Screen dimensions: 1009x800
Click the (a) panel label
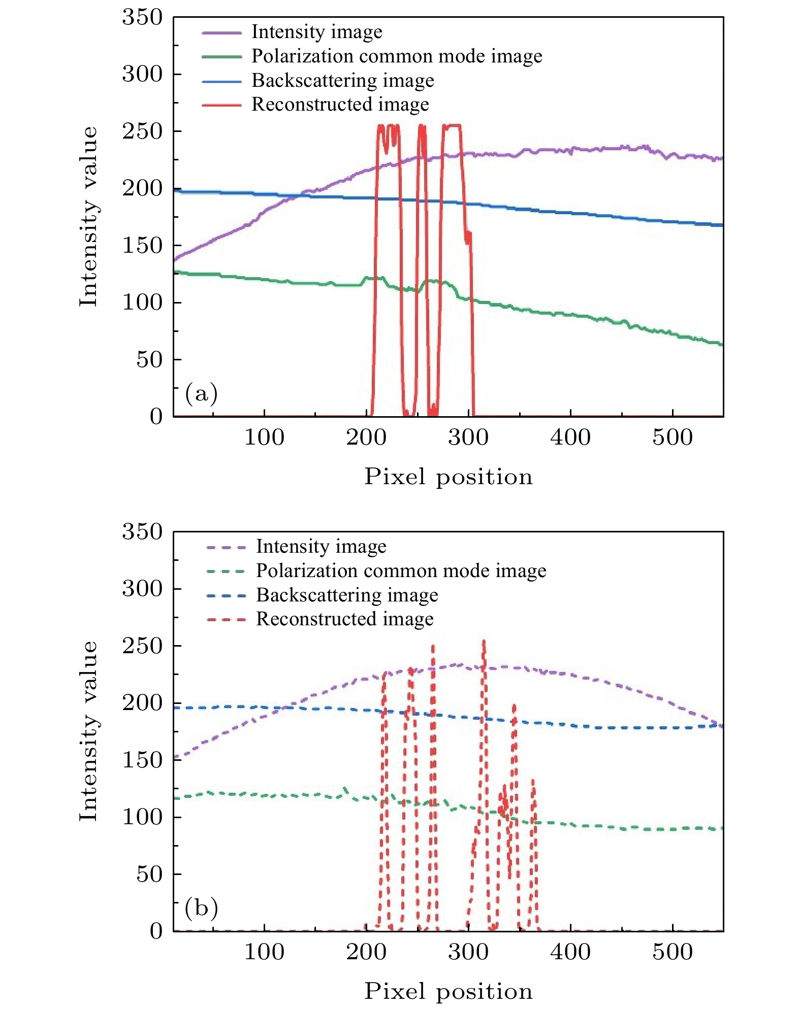[x=201, y=393]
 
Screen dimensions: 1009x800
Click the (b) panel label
[x=201, y=908]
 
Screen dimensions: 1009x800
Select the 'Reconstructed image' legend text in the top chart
[x=340, y=104]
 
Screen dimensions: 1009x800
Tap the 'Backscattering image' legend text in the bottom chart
[x=347, y=595]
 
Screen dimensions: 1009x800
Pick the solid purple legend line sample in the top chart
[x=221, y=32]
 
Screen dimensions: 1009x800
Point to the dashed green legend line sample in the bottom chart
[x=226, y=571]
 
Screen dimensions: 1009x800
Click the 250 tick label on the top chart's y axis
[x=142, y=131]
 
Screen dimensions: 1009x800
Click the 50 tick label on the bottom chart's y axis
[x=149, y=874]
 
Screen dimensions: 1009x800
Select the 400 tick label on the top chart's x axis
[x=570, y=437]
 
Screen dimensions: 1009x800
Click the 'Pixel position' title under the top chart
[x=449, y=477]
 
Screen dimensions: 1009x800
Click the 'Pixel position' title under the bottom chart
[x=449, y=991]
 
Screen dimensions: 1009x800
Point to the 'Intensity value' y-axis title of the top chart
[x=88, y=217]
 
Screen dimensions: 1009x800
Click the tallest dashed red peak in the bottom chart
[x=484, y=642]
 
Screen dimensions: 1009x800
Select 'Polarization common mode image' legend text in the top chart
[x=397, y=56]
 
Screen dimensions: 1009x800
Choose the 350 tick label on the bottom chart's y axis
[x=142, y=531]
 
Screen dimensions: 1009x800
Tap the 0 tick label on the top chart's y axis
[x=156, y=416]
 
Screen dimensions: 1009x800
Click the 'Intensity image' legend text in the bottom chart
[x=321, y=547]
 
